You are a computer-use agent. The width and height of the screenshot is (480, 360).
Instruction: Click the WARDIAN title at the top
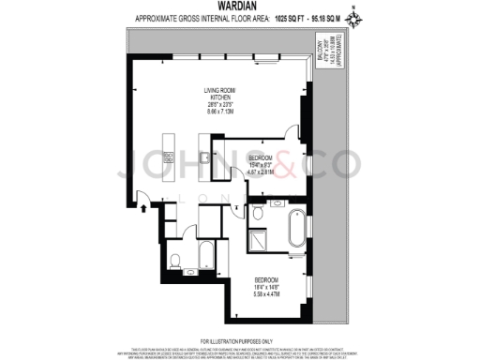pos(240,7)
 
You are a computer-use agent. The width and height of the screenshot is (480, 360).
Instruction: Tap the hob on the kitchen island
pos(168,141)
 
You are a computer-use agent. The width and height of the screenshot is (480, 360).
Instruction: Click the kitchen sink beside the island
pos(202,159)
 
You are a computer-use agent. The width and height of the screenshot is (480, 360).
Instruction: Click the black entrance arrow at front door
pos(142,210)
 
